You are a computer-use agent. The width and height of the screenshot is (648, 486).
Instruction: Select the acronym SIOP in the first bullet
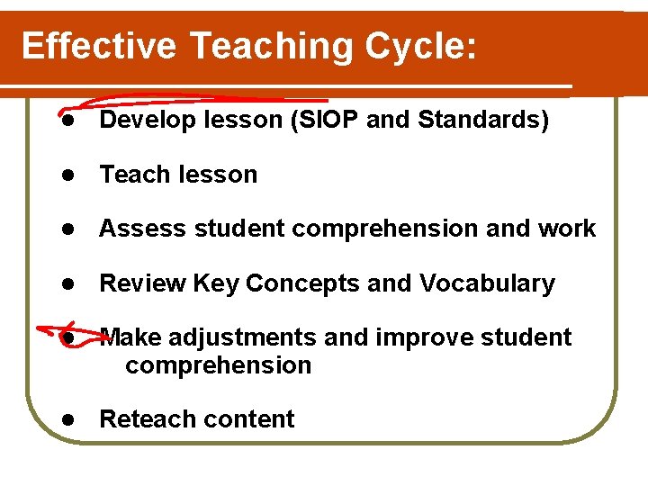point(327,121)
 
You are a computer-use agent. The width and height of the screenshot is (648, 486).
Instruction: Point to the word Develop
point(145,121)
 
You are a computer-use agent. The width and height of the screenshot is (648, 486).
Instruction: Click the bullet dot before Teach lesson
point(66,175)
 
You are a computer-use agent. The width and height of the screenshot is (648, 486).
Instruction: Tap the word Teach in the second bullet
point(129,175)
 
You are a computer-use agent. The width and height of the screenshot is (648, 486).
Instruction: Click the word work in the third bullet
point(567,229)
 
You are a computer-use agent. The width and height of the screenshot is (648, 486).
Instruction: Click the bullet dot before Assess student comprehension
point(66,229)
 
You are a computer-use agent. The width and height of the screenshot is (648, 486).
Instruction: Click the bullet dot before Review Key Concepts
point(66,284)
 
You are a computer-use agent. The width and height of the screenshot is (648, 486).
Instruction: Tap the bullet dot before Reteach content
point(66,420)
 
